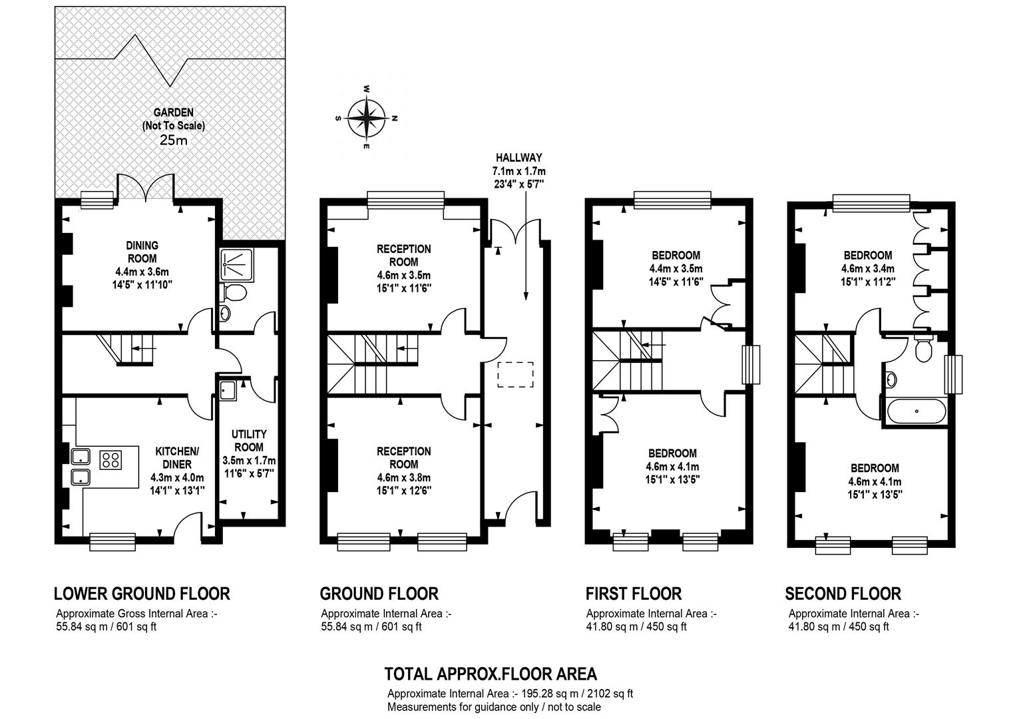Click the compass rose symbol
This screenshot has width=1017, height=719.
[366, 118]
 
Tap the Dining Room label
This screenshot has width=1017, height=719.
[142, 252]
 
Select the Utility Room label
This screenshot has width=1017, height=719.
[249, 441]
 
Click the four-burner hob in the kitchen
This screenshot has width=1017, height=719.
[110, 459]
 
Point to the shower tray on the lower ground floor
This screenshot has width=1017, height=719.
[237, 264]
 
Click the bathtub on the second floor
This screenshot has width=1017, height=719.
[916, 411]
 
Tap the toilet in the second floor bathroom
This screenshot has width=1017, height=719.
[923, 349]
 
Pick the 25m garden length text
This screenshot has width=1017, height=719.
[174, 140]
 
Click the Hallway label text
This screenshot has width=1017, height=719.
[519, 158]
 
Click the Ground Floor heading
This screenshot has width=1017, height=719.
[379, 594]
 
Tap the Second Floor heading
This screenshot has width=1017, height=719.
[843, 594]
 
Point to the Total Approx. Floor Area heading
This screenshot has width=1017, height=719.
[491, 674]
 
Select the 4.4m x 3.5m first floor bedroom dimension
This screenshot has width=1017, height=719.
[676, 268]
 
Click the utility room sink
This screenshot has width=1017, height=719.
[228, 391]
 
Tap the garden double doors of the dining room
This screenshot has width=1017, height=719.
[146, 188]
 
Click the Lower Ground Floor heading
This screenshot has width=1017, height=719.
[142, 594]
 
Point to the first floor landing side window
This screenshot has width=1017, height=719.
[751, 365]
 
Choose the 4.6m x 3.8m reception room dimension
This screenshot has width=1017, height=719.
[403, 477]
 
